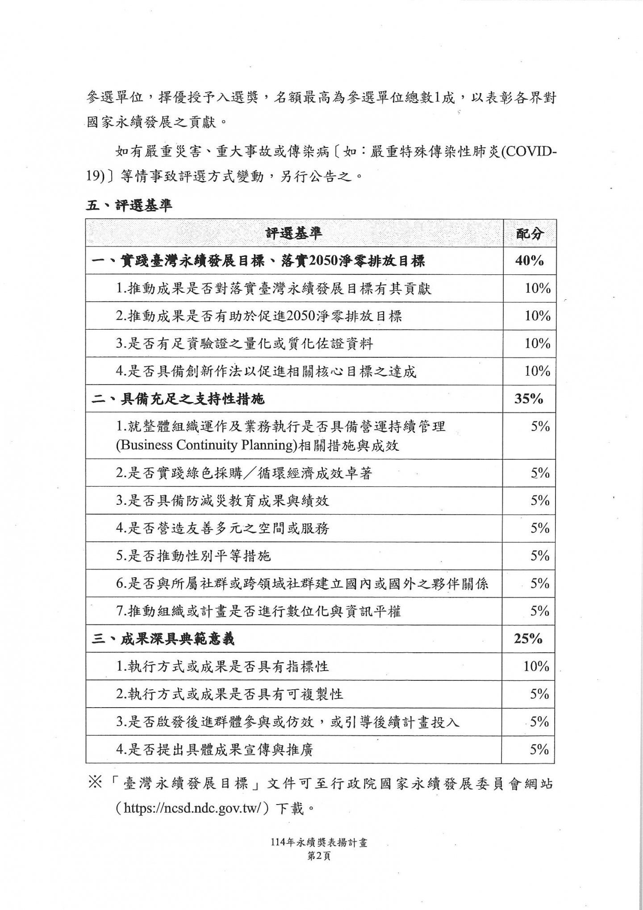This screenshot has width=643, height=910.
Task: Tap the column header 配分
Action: [530, 233]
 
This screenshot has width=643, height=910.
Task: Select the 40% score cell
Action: [529, 261]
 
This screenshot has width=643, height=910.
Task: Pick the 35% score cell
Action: [529, 398]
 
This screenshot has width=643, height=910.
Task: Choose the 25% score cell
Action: [528, 638]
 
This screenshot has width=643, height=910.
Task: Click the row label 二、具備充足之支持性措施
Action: [178, 398]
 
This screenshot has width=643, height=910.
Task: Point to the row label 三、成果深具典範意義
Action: [163, 639]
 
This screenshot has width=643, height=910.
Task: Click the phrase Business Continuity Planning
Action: [206, 445]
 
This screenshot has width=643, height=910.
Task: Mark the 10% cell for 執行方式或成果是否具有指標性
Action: [536, 667]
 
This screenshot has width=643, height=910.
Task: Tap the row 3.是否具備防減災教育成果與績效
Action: [222, 501]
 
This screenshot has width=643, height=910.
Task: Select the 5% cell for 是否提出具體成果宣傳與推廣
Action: [539, 749]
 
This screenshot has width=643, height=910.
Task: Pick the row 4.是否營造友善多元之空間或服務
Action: [222, 528]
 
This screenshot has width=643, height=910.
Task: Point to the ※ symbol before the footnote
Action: [95, 796]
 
